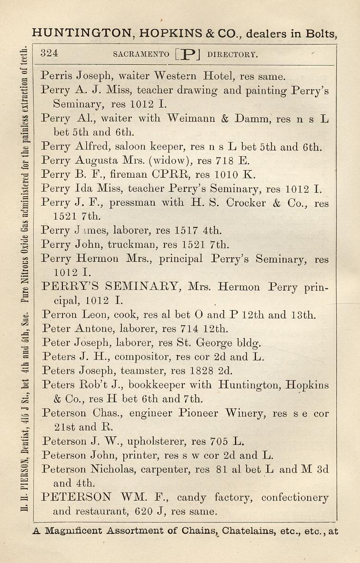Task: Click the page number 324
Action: tap(49, 53)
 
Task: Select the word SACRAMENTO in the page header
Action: tap(141, 54)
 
